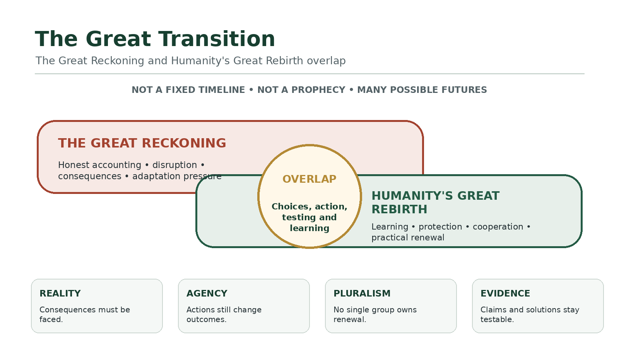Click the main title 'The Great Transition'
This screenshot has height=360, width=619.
click(x=155, y=39)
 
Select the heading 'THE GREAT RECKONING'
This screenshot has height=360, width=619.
click(x=142, y=143)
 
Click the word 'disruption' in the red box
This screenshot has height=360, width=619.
click(x=174, y=165)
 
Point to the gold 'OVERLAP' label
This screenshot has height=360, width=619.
click(x=309, y=179)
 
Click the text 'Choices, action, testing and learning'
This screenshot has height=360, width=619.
click(x=309, y=217)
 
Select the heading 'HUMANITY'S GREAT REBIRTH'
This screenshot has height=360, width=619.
click(x=436, y=202)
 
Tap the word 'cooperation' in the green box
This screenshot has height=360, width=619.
click(x=498, y=227)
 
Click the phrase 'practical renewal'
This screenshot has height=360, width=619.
click(x=408, y=238)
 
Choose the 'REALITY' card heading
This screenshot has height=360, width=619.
click(x=60, y=293)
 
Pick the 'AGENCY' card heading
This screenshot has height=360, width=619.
click(x=207, y=293)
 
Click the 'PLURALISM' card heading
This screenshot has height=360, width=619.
click(x=362, y=293)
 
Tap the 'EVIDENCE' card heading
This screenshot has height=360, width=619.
click(x=505, y=293)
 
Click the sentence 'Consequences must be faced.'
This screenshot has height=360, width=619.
click(x=85, y=314)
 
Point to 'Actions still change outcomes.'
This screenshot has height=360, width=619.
click(x=224, y=314)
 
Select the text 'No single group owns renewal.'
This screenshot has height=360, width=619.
click(x=375, y=314)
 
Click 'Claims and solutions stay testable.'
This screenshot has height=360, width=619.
click(x=530, y=314)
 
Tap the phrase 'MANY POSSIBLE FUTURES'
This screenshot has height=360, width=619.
click(x=422, y=90)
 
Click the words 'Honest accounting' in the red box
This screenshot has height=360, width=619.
click(x=99, y=165)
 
